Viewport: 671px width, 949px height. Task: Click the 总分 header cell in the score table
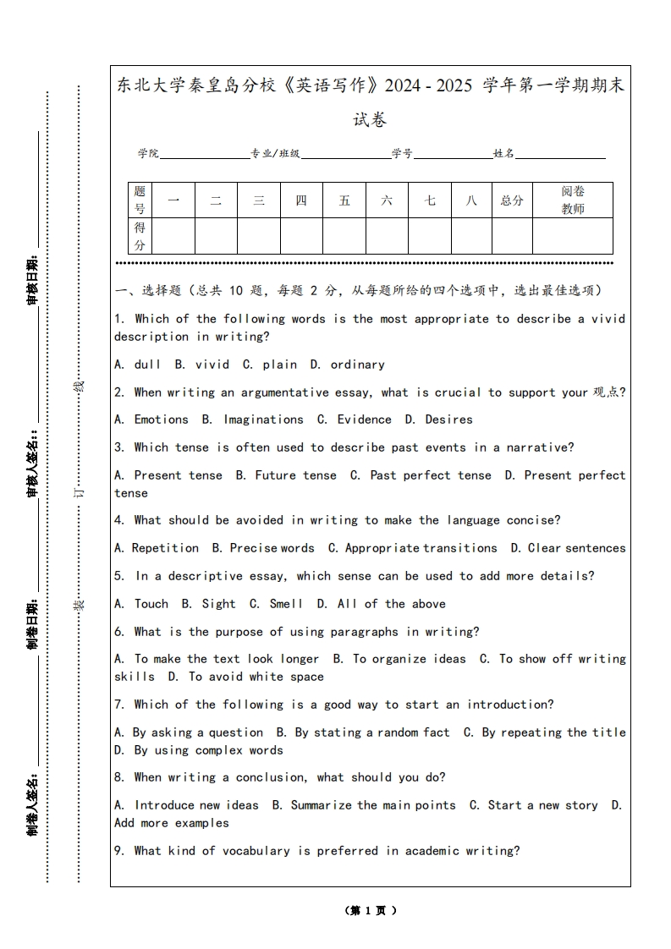512,200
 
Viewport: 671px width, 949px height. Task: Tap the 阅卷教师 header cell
573,200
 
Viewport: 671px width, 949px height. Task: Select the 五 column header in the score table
344,200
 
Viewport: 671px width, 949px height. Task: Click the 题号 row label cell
140,200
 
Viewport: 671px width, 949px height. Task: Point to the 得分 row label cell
140,236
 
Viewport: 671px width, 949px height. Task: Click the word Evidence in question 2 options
364,420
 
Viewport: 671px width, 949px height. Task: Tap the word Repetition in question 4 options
165,548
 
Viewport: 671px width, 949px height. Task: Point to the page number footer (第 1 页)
371,911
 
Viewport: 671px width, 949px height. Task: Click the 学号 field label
402,154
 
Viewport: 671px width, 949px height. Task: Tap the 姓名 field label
504,154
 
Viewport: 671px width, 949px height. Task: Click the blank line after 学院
204,156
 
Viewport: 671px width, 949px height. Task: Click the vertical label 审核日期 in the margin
33,279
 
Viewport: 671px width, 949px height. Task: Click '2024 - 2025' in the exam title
431,86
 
